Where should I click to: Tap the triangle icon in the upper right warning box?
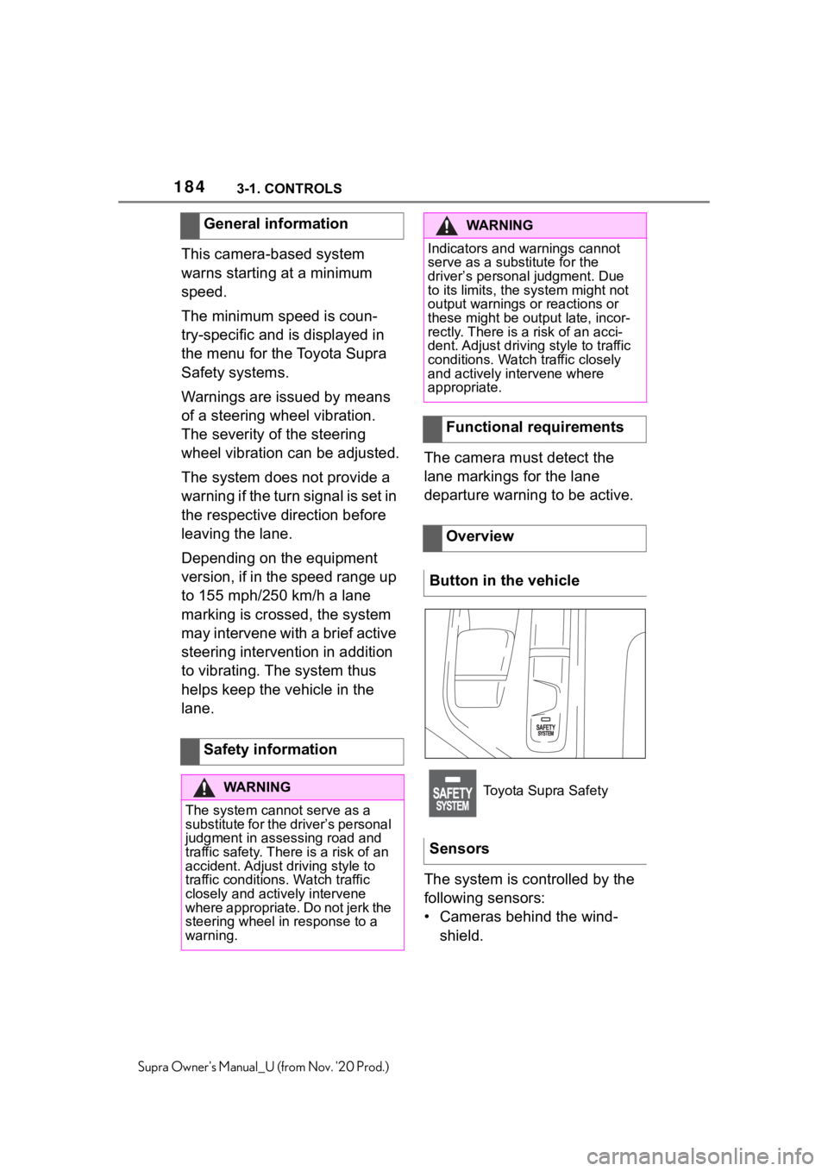coord(446,226)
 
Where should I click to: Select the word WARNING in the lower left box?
coord(256,787)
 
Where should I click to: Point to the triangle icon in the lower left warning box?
coord(204,788)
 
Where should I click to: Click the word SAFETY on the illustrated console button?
coord(545,728)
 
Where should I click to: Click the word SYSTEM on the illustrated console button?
coord(545,734)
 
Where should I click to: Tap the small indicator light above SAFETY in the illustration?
coord(545,719)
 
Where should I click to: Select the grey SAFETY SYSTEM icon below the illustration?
coord(453,793)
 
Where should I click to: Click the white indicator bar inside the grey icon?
coord(453,778)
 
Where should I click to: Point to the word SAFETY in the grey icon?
coord(453,793)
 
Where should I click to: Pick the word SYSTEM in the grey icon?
coord(453,806)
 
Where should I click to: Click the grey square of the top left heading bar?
coord(191,226)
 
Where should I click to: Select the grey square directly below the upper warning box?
coord(433,429)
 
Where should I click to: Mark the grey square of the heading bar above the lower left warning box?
coord(191,752)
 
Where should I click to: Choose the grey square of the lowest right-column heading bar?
coord(433,538)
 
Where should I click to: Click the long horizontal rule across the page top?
coord(414,202)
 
